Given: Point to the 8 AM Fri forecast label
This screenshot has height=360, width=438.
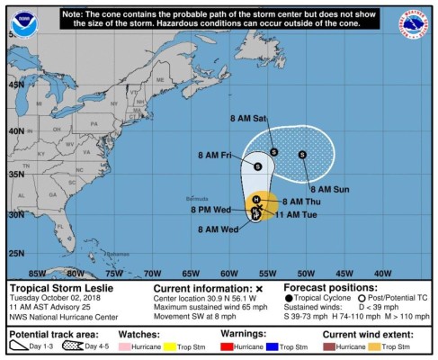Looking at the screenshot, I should point(216,155).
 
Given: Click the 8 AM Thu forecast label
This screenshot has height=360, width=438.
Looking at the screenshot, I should point(301,201).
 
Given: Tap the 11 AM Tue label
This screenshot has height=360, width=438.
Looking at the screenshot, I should point(301,214).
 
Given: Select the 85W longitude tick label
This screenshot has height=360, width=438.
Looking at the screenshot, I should point(37,274).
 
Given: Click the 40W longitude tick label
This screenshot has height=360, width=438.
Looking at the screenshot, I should point(382,274).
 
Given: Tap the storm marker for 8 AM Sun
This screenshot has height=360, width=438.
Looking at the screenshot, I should point(303,155).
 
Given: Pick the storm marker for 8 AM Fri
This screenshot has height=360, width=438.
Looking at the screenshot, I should point(259,166).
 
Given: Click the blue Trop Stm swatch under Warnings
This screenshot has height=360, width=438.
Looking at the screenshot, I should point(273,346).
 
